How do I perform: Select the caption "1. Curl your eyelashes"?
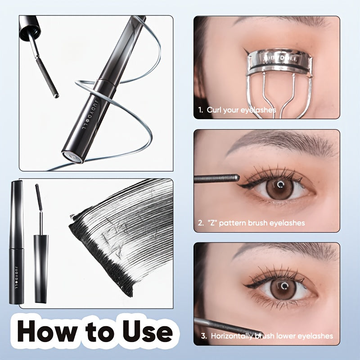click(237, 110)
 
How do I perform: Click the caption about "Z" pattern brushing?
click(251, 223)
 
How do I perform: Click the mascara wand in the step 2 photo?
click(216, 178)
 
